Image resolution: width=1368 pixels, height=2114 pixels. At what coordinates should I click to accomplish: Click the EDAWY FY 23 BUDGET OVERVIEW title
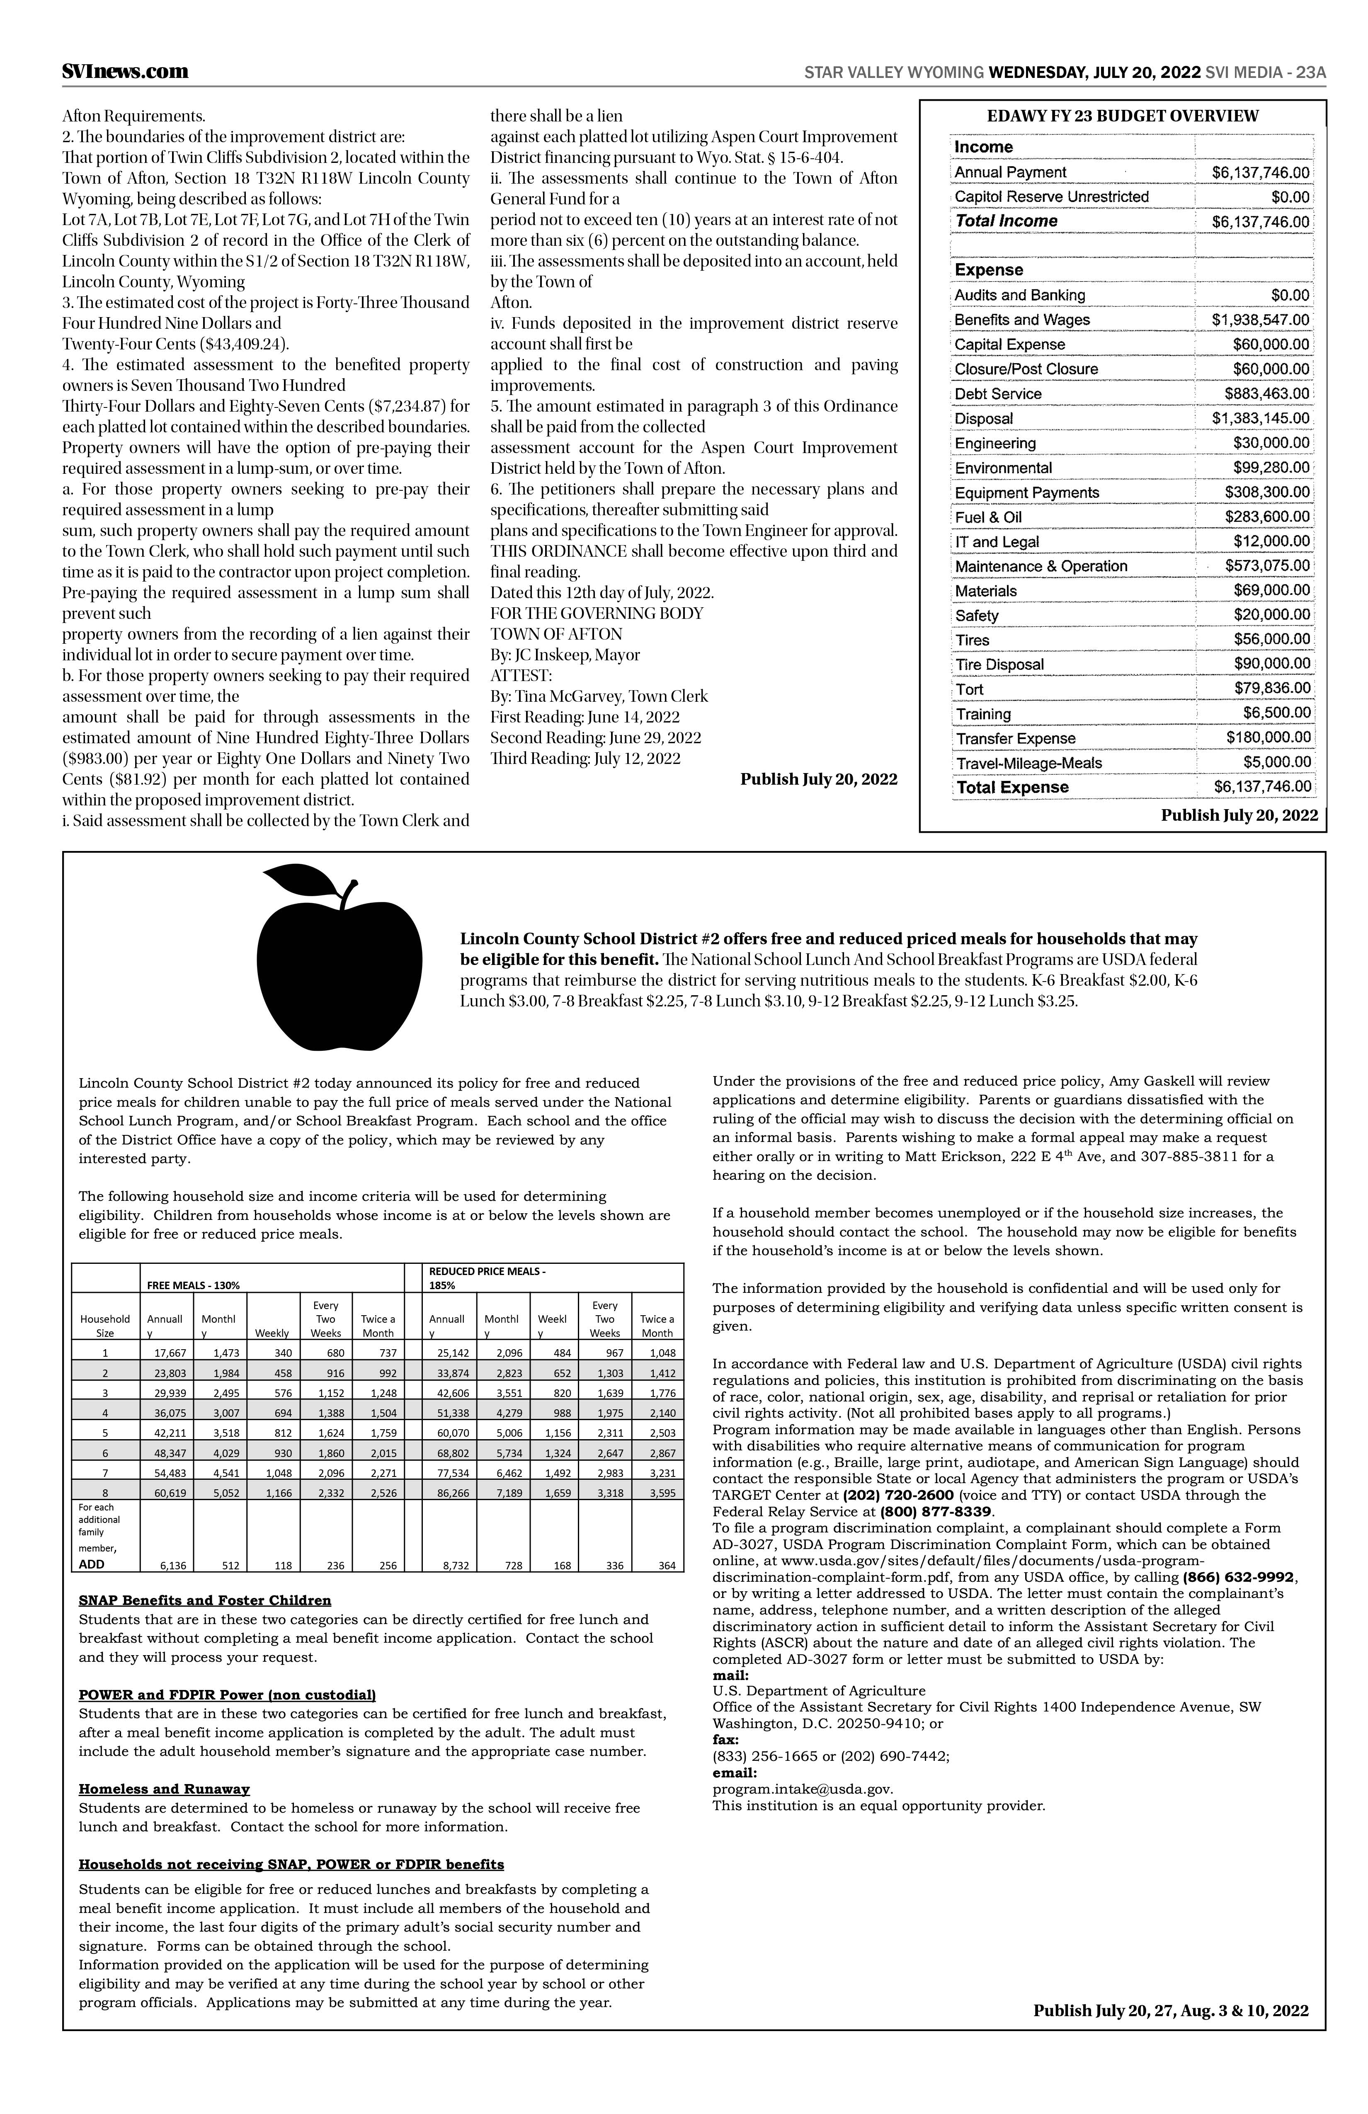[x=1123, y=116]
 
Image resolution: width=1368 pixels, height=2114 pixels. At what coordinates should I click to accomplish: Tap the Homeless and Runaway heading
[x=164, y=1789]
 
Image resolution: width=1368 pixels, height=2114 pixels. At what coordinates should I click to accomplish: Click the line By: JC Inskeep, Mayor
[x=565, y=655]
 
